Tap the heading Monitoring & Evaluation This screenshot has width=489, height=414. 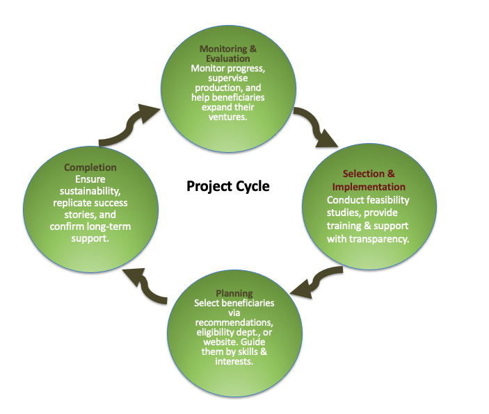click(233, 54)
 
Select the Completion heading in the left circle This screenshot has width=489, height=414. click(90, 167)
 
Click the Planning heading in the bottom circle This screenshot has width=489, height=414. click(234, 294)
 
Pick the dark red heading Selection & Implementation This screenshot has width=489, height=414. click(369, 180)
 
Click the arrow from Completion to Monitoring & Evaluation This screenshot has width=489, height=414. click(129, 125)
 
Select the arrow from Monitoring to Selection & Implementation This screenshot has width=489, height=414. click(316, 129)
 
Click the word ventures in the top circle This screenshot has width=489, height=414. click(233, 117)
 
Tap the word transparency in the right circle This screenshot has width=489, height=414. click(381, 238)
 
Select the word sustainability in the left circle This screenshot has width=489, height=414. click(92, 191)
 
